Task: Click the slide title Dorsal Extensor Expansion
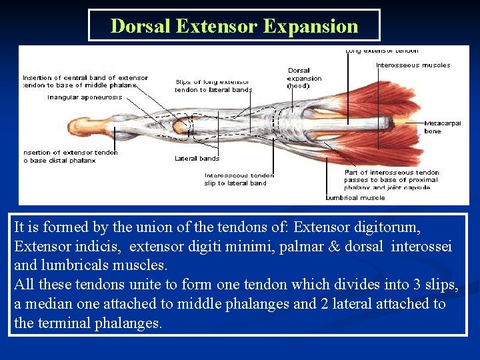[x=234, y=26]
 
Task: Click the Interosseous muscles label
[x=413, y=65]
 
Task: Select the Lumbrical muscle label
[x=355, y=198]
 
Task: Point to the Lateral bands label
[x=197, y=159]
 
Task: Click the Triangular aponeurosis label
[x=85, y=97]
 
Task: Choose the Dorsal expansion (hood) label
[x=304, y=78]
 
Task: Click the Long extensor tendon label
[x=382, y=51]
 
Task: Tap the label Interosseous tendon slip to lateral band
[x=239, y=179]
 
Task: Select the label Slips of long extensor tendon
[x=213, y=86]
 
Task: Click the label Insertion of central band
[x=85, y=81]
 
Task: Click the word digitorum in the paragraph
[x=390, y=228]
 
